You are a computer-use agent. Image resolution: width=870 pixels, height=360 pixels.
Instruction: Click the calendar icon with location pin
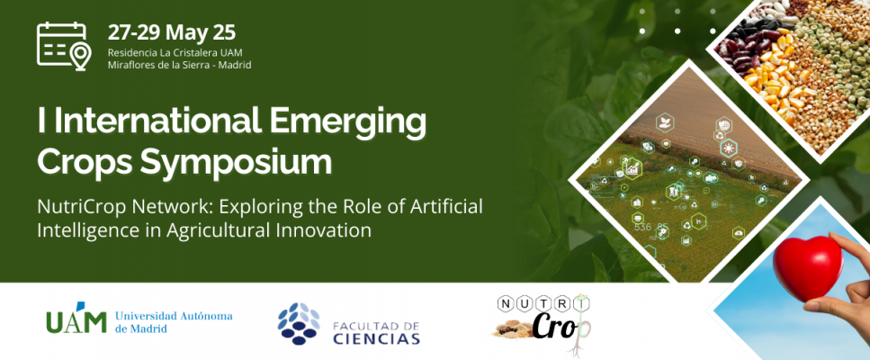click(63, 46)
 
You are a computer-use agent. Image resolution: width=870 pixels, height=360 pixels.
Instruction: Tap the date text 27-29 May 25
click(172, 32)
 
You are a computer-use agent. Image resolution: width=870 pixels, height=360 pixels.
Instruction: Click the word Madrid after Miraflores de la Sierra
click(237, 65)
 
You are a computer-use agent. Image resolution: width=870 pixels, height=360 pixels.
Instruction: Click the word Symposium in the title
click(236, 161)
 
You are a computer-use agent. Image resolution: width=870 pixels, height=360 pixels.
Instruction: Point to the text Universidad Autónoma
click(174, 317)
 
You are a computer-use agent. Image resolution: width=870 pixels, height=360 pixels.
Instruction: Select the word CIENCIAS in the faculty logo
click(377, 338)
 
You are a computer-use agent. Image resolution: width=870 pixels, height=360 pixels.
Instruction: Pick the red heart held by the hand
click(807, 266)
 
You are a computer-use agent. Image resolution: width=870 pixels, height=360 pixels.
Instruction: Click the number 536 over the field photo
click(643, 227)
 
